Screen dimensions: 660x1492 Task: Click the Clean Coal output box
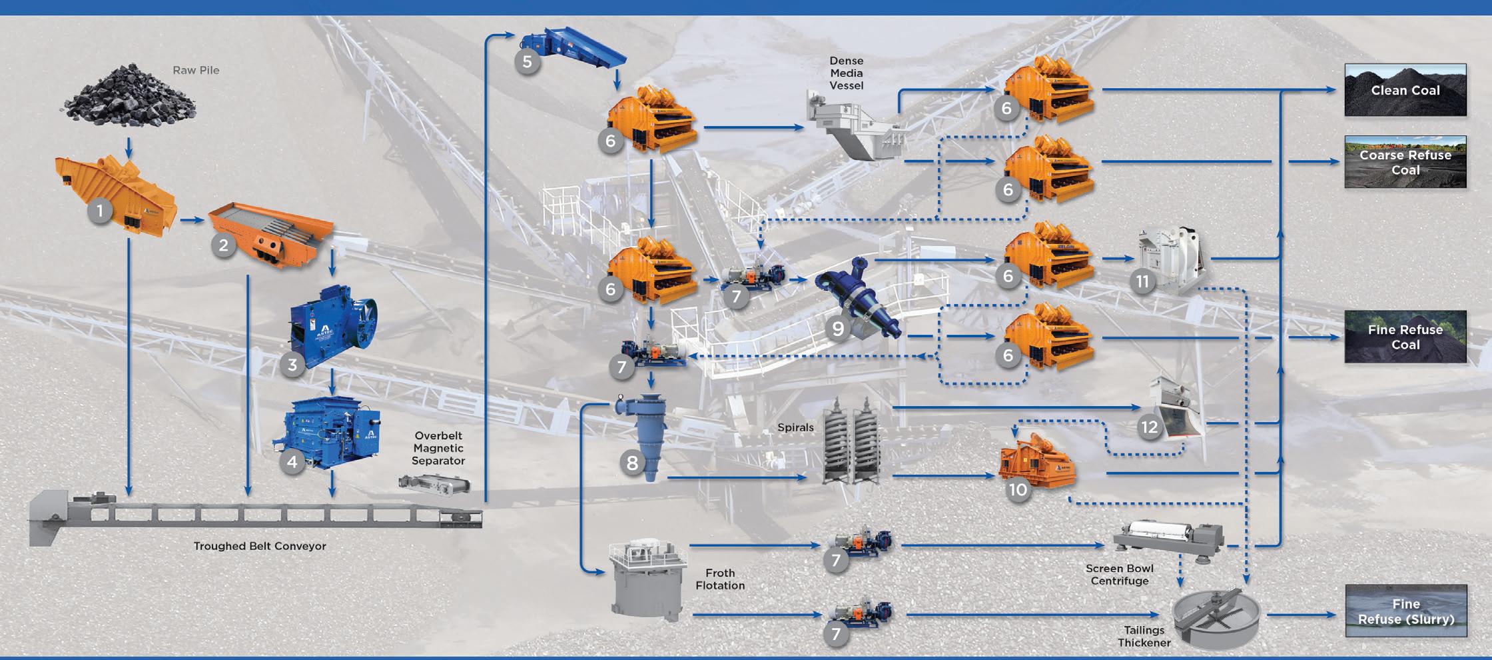pyautogui.click(x=1405, y=90)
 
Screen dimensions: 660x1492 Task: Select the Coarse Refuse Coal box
pyautogui.click(x=1405, y=162)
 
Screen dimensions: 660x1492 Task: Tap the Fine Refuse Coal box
pyautogui.click(x=1405, y=337)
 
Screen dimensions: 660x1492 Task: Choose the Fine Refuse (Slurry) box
pyautogui.click(x=1405, y=611)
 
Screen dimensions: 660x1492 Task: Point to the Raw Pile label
pyautogui.click(x=196, y=70)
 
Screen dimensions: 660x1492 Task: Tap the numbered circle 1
pyautogui.click(x=100, y=212)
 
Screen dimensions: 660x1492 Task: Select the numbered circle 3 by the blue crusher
pyautogui.click(x=292, y=364)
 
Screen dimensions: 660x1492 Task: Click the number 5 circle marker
pyautogui.click(x=527, y=62)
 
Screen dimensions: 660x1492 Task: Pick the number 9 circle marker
pyautogui.click(x=838, y=328)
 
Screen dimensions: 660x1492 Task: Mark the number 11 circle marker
pyautogui.click(x=1142, y=281)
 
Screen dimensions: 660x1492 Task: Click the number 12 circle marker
pyautogui.click(x=1150, y=427)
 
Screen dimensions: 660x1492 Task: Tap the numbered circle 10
pyautogui.click(x=1018, y=490)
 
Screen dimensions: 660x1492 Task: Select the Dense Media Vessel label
pyautogui.click(x=847, y=73)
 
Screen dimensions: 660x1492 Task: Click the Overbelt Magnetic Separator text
pyautogui.click(x=438, y=448)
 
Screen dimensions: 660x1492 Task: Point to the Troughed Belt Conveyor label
pyautogui.click(x=260, y=546)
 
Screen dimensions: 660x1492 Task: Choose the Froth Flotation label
pyautogui.click(x=720, y=579)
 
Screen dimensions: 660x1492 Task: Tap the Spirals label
pyautogui.click(x=795, y=427)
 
